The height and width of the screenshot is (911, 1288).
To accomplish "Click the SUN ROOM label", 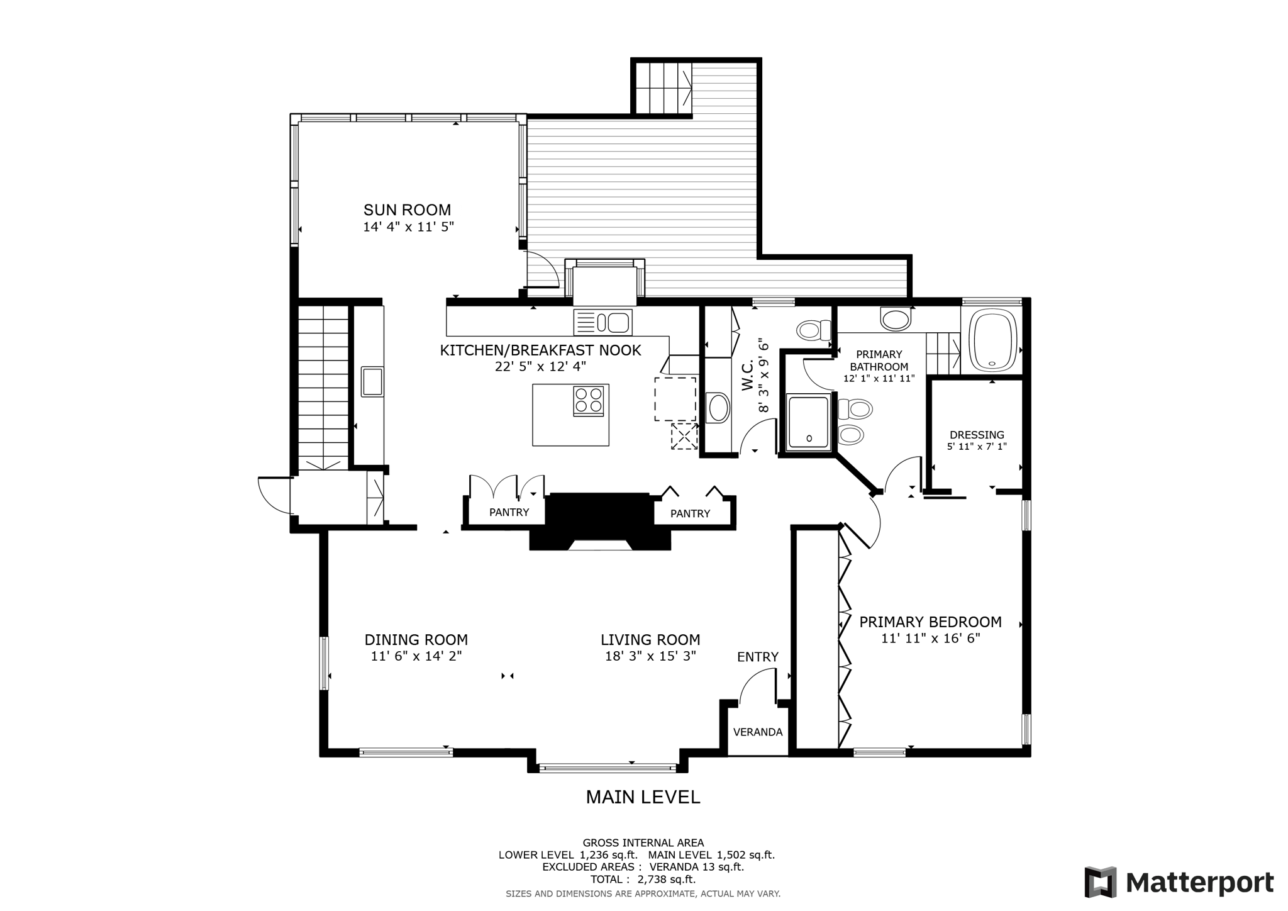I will click(x=407, y=210).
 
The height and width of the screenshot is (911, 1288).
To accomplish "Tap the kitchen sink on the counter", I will click(x=602, y=323).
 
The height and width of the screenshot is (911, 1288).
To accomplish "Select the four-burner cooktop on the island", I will click(x=588, y=401).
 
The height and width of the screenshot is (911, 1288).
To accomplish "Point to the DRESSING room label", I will click(x=976, y=435).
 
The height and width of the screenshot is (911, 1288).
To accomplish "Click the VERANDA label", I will click(x=757, y=732).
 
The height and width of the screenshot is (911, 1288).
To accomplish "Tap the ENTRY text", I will click(x=757, y=657).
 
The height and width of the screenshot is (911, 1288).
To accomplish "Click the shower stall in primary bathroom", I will click(x=808, y=421).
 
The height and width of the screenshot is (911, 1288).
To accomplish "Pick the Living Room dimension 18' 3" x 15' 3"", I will click(x=650, y=656).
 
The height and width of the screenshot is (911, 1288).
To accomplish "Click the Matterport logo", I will click(x=1179, y=882).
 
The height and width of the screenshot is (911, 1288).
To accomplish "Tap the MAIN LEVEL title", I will click(x=643, y=797).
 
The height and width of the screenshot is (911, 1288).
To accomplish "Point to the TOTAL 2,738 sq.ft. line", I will click(x=643, y=880).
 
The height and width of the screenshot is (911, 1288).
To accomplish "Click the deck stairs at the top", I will click(x=662, y=88).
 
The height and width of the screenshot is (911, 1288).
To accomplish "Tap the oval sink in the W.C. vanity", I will click(x=718, y=408).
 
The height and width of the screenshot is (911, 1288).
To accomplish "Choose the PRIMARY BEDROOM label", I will click(x=930, y=622).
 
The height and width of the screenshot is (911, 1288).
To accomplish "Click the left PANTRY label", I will click(x=509, y=512).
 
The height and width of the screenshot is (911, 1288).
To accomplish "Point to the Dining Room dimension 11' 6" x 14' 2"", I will click(x=416, y=656).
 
